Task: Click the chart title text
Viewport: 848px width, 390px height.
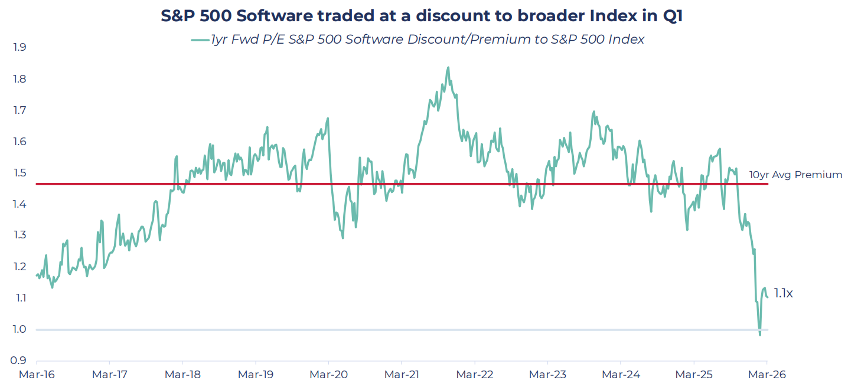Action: click(422, 16)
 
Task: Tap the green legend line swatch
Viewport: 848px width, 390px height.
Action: click(200, 40)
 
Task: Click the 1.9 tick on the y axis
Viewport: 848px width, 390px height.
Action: click(19, 47)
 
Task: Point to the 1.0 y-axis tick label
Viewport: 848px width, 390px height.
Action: click(19, 329)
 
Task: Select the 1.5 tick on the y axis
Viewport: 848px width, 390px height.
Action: click(19, 173)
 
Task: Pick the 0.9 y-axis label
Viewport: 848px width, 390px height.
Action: click(19, 360)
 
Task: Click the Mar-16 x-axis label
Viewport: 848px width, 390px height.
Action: click(37, 375)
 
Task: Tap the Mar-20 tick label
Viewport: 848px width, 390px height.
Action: click(328, 375)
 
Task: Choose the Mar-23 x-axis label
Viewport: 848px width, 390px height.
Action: click(547, 375)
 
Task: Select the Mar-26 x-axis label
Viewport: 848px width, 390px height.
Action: click(767, 375)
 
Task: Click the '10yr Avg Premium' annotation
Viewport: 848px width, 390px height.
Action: click(796, 175)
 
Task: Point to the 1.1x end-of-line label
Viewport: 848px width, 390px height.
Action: click(783, 293)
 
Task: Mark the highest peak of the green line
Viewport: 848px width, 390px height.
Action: click(448, 68)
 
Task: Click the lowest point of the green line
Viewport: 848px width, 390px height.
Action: click(760, 335)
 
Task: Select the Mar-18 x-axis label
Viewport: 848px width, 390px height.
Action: click(182, 375)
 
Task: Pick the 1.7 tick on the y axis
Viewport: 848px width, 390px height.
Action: click(19, 110)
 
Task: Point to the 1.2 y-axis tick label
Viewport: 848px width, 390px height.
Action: click(19, 266)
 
